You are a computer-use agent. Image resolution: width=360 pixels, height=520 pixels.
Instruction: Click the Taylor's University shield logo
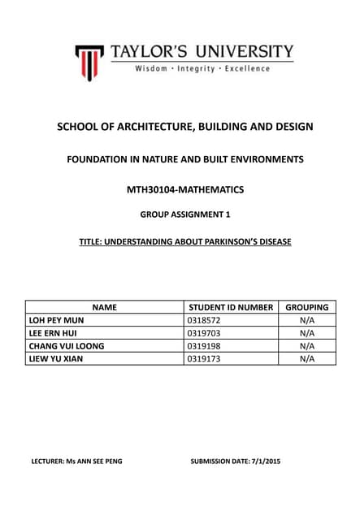[x=89, y=62]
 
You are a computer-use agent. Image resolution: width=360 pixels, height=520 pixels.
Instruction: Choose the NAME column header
[x=105, y=308]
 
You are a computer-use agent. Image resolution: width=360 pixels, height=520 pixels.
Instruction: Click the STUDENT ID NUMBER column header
[x=231, y=308]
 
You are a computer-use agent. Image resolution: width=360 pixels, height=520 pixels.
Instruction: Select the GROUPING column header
[x=306, y=308]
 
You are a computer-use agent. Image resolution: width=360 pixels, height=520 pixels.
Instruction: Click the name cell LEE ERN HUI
[x=54, y=333]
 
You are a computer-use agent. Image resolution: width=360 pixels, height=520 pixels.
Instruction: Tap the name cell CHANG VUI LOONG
[x=67, y=345]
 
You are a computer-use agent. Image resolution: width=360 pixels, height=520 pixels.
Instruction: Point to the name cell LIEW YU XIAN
[x=56, y=357]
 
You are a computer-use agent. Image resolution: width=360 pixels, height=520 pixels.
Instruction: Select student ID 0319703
[x=204, y=333]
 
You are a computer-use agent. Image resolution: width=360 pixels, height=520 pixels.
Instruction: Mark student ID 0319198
[x=204, y=345]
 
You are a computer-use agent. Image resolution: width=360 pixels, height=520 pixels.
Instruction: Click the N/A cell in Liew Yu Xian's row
[x=306, y=357]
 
